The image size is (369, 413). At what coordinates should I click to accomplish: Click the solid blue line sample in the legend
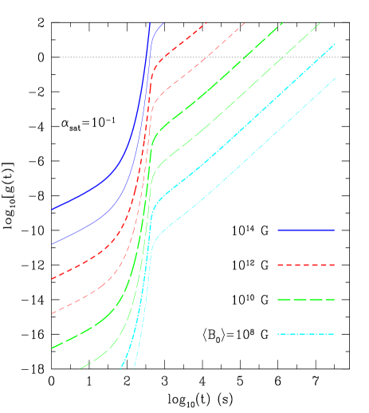pyautogui.click(x=305, y=230)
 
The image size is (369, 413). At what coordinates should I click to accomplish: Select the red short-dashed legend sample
pyautogui.click(x=305, y=265)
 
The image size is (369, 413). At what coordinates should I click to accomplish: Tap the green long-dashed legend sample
pyautogui.click(x=305, y=299)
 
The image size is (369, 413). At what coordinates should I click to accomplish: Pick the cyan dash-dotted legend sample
pyautogui.click(x=305, y=333)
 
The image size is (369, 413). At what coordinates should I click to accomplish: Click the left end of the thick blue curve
pyautogui.click(x=53, y=209)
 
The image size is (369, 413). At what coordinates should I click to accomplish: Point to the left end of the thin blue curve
pyautogui.click(x=53, y=244)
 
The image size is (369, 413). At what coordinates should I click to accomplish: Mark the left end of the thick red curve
pyautogui.click(x=53, y=279)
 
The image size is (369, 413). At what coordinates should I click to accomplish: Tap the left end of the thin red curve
pyautogui.click(x=53, y=313)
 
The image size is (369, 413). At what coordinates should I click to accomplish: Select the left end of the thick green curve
pyautogui.click(x=53, y=348)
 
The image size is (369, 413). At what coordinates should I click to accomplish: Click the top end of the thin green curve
pyautogui.click(x=321, y=22)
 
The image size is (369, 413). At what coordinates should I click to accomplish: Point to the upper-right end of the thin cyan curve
pyautogui.click(x=336, y=77)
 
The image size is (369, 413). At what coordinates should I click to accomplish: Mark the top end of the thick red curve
pyautogui.click(x=207, y=23)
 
